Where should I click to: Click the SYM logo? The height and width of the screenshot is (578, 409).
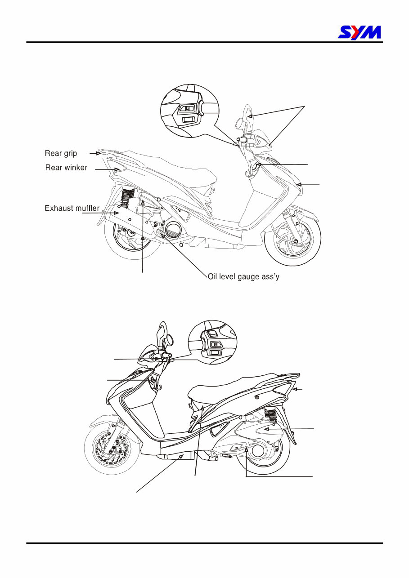tap(360, 32)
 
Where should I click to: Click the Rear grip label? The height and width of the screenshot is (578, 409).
tap(61, 154)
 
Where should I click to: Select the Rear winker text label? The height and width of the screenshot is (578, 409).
tap(66, 168)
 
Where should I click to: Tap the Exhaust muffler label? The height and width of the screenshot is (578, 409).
tap(72, 208)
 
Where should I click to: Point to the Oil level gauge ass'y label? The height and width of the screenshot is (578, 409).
tap(243, 277)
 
